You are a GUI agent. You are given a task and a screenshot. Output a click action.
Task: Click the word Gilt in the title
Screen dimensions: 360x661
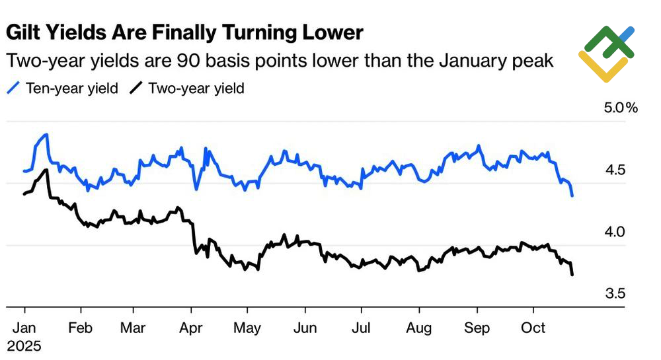[25, 32]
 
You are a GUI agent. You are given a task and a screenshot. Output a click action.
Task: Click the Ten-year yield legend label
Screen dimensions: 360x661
[71, 88]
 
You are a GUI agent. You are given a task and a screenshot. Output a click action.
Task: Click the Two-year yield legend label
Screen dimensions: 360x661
[196, 88]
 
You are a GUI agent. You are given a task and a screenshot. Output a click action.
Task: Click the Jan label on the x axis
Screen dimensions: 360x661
[24, 328]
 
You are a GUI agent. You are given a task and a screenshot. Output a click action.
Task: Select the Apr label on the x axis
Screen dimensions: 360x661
[191, 328]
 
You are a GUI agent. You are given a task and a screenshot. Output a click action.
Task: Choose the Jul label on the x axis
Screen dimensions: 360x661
[361, 328]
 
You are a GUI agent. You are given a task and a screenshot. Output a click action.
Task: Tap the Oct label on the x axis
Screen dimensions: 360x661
[533, 328]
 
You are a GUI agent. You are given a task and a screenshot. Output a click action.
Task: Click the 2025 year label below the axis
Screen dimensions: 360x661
[24, 346]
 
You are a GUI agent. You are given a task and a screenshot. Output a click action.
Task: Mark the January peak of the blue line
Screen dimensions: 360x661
[46, 135]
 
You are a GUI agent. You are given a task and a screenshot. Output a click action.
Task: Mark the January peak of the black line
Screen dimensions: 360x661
[46, 170]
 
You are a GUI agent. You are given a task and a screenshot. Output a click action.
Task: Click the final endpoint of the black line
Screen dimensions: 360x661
[572, 274]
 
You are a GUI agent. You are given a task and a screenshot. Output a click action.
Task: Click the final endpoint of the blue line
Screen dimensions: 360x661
[572, 196]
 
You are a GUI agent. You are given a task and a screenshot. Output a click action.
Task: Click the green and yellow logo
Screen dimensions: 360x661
[606, 53]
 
